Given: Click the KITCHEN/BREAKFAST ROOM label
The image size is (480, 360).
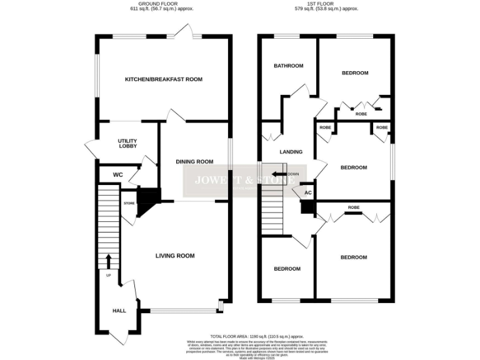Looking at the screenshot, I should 164,79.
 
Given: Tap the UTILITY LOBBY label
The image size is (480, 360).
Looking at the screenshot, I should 127,144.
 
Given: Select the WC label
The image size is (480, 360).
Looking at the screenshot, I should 118,174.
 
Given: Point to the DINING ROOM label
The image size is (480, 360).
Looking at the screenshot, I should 194,162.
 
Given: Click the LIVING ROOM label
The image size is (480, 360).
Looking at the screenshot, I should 175,256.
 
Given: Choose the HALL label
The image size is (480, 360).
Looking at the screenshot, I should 119,311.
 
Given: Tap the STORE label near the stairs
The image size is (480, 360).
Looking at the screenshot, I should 129,203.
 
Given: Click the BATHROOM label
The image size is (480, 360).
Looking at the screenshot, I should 289,66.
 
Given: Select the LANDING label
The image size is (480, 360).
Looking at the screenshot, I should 291,152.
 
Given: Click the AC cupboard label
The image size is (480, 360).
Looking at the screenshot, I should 307,193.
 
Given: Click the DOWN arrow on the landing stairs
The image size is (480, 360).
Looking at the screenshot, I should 278,174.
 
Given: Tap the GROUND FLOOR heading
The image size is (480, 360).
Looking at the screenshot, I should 164,3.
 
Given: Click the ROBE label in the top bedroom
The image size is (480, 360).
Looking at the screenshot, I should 361,114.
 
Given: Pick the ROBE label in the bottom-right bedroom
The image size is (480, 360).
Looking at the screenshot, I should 354,207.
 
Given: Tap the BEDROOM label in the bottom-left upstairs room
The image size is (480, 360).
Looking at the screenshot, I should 287,269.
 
